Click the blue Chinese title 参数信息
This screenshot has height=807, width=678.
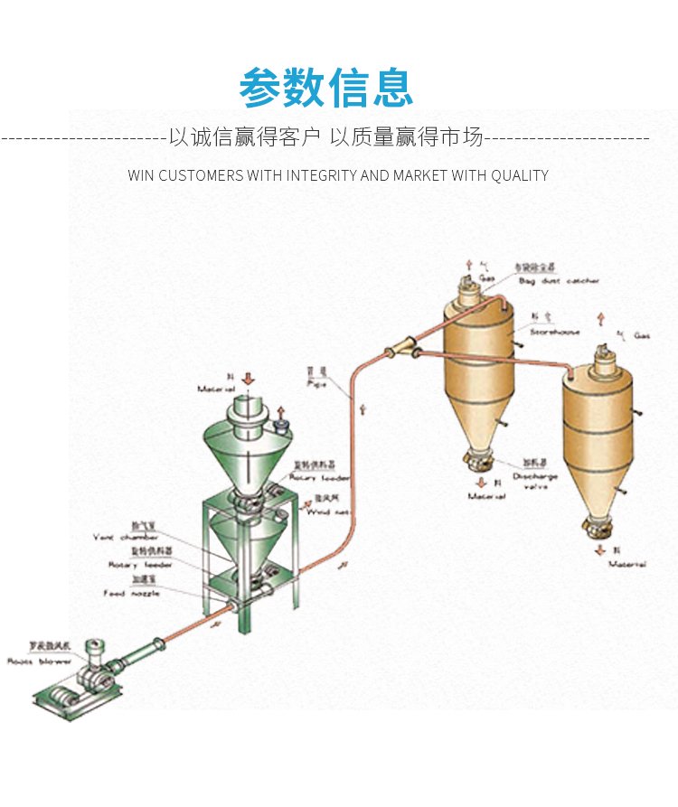coord(326,88)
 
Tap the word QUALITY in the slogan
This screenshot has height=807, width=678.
coord(520,175)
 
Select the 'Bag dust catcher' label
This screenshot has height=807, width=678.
coord(558,281)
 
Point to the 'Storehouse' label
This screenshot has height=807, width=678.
coord(553,333)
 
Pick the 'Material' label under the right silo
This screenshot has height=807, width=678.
coord(626,564)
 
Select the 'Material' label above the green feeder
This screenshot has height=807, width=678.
coord(217,389)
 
